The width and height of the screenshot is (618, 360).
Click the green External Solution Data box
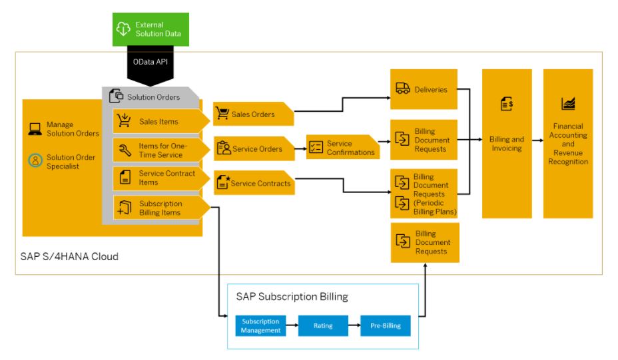point(150,29)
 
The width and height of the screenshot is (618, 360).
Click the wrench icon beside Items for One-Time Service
point(125,150)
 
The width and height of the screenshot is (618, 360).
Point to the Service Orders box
point(254,149)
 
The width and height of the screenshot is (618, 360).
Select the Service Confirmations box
point(341,148)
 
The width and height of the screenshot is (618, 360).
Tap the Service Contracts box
point(254,183)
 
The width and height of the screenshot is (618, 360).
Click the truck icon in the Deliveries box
point(402,89)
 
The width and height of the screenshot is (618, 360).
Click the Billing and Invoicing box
point(507,144)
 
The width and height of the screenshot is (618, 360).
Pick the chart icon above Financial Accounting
point(568,104)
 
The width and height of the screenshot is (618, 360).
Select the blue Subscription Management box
point(260,325)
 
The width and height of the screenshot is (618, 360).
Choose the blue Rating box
point(323,325)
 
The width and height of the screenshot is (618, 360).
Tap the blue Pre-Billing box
point(386,325)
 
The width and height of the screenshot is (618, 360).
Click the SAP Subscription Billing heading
point(292,297)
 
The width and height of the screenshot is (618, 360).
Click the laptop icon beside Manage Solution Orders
point(35,129)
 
